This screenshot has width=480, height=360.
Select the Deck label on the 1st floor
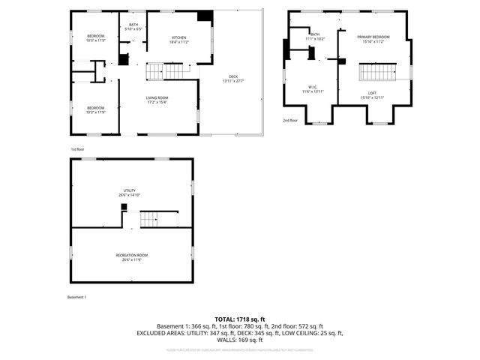click(x=233, y=79)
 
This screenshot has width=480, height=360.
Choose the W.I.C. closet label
click(x=312, y=89)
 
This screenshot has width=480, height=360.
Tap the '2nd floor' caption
click(x=290, y=120)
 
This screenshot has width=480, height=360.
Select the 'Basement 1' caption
click(x=76, y=298)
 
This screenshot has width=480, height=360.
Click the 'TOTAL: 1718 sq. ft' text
click(x=239, y=319)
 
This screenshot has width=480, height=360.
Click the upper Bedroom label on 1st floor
click(x=95, y=38)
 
